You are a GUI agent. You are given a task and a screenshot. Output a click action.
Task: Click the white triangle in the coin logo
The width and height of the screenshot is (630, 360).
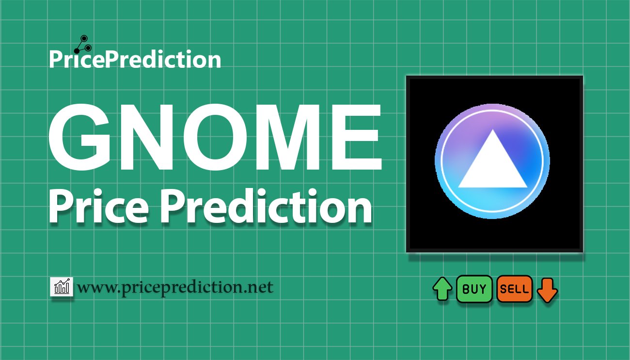coord(492,165)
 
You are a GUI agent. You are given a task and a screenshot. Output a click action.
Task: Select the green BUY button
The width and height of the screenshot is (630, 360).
coord(474,289)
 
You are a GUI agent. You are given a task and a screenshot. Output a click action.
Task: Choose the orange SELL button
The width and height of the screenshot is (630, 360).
coord(515,289)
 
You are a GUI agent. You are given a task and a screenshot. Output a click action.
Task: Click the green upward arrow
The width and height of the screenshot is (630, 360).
coord(442,289)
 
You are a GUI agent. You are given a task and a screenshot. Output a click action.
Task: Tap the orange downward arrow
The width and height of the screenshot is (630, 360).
coord(548,290)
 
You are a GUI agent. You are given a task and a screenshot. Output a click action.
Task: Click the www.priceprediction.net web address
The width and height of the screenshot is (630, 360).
coord(175,287)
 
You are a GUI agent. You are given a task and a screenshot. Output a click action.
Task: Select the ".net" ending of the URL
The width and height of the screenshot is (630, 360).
coord(260,288)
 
